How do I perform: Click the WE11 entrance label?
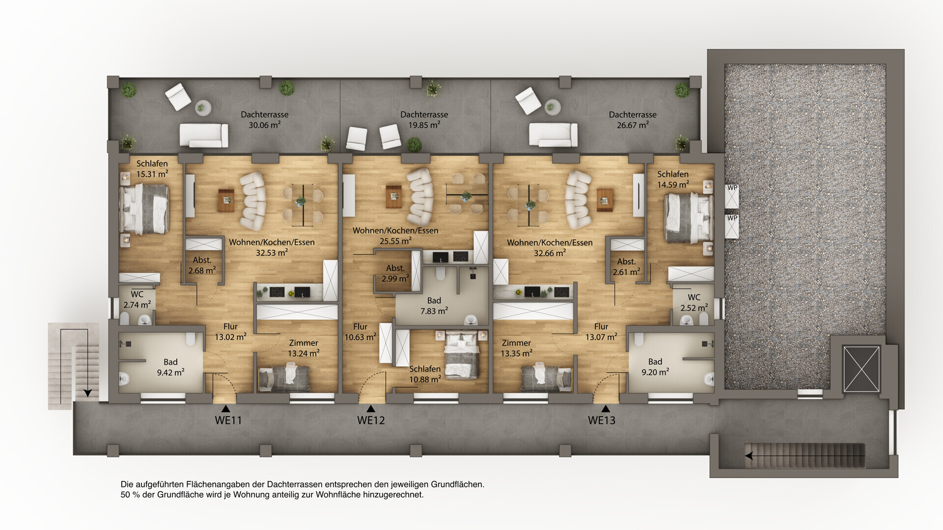(228, 420)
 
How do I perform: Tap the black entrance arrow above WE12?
(371, 409)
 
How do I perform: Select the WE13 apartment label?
(602, 420)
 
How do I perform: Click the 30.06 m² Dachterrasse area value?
(265, 125)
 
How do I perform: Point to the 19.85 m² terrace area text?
(424, 125)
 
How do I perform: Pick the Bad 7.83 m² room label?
(434, 306)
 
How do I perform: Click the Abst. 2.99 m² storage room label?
(395, 273)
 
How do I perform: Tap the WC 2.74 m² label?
(137, 300)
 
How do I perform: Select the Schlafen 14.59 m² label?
(673, 180)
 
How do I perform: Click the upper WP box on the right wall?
(732, 196)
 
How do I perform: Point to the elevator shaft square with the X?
(861, 369)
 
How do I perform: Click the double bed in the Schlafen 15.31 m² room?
(144, 209)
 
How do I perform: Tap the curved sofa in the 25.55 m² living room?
(420, 196)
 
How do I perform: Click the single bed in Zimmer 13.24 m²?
(285, 379)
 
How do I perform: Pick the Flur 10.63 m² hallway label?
(360, 332)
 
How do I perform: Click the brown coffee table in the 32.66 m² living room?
(605, 200)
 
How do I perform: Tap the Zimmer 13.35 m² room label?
(516, 348)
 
